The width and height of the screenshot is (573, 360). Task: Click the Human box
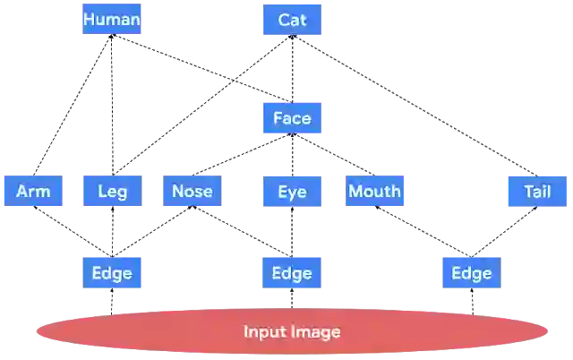pyautogui.click(x=111, y=19)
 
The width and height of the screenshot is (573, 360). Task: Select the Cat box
pyautogui.click(x=291, y=19)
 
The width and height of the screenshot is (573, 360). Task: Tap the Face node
pyautogui.click(x=291, y=118)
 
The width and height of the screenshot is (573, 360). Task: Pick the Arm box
pyautogui.click(x=33, y=191)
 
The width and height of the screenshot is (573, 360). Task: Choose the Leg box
pyautogui.click(x=111, y=191)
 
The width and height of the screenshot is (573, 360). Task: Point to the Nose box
pyautogui.click(x=191, y=191)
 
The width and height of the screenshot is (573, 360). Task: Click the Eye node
pyautogui.click(x=291, y=191)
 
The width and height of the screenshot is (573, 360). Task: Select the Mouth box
pyautogui.click(x=374, y=191)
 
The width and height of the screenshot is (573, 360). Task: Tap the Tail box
pyautogui.click(x=537, y=191)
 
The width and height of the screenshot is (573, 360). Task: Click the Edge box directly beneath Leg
pyautogui.click(x=111, y=273)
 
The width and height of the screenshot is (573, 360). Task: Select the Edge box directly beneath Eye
pyautogui.click(x=291, y=273)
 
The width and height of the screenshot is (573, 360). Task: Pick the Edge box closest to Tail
pyautogui.click(x=471, y=273)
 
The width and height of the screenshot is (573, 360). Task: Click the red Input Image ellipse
pyautogui.click(x=292, y=332)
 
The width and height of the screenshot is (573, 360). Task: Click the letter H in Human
pyautogui.click(x=88, y=19)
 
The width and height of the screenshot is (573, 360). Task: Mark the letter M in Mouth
pyautogui.click(x=355, y=191)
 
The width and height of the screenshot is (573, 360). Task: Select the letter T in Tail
pyautogui.click(x=528, y=191)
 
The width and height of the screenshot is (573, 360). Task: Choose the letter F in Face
pyautogui.click(x=278, y=118)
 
